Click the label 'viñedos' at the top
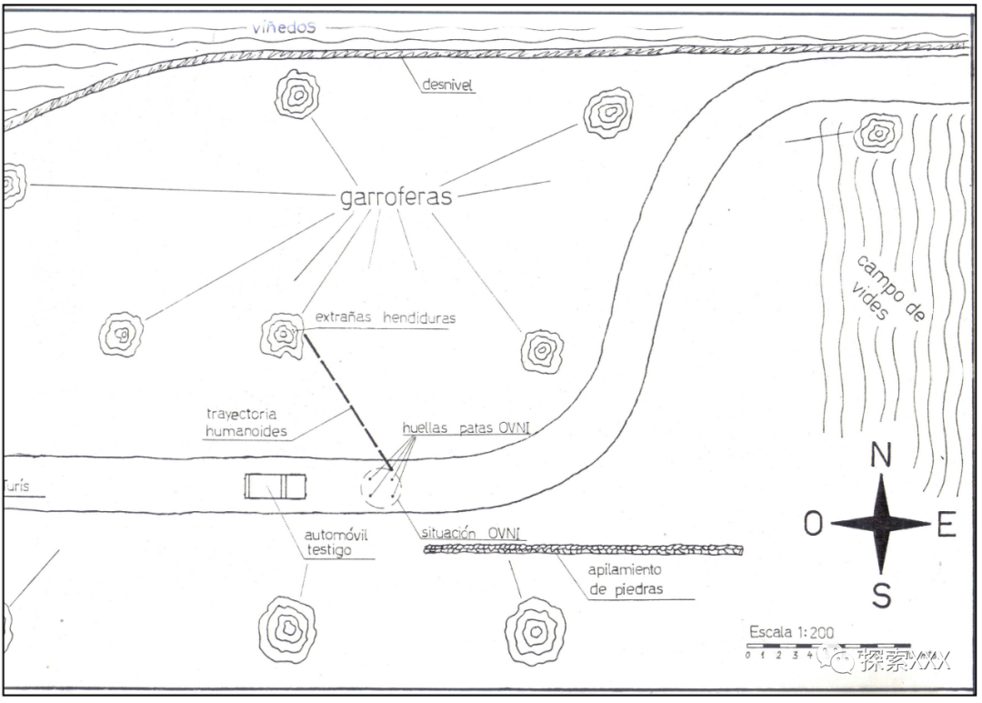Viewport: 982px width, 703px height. [x=284, y=27]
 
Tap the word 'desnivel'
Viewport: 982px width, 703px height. [x=448, y=85]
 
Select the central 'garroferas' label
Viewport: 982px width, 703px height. [x=396, y=197]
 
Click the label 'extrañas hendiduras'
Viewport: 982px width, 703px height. [x=385, y=318]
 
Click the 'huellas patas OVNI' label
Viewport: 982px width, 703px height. [x=466, y=428]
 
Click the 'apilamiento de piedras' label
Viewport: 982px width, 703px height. [x=626, y=579]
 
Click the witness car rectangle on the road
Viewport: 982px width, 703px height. [x=275, y=487]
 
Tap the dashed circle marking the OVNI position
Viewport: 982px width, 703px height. [x=381, y=487]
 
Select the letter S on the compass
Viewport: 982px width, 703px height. [x=881, y=595]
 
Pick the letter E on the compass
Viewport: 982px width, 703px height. [x=946, y=525]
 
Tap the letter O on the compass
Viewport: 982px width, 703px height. [x=813, y=524]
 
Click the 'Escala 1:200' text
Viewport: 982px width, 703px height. [x=791, y=632]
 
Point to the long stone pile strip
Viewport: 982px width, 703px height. [x=583, y=549]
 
